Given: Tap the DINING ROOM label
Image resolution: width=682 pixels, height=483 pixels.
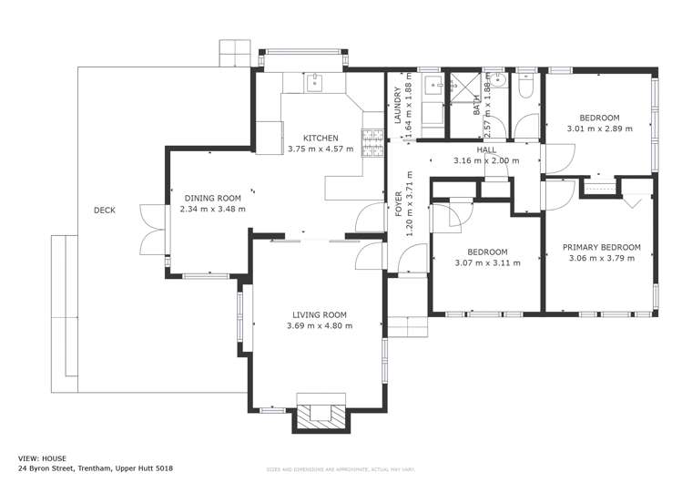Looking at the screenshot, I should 212,198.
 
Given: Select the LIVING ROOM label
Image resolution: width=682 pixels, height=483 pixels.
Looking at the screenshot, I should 319,314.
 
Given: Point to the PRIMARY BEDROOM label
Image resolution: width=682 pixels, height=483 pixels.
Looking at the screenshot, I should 601,247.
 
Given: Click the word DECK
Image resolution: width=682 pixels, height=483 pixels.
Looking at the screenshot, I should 105,211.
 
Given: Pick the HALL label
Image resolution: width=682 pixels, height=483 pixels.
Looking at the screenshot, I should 486,149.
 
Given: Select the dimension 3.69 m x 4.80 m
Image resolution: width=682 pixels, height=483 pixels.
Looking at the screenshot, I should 319,325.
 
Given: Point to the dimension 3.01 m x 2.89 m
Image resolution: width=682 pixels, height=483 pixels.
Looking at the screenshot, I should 599,128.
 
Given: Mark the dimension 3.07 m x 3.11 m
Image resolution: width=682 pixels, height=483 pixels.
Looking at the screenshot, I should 487,262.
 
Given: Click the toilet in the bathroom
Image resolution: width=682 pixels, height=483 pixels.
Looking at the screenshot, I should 526,88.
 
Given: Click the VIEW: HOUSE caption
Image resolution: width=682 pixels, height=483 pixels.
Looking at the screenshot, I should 43,458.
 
